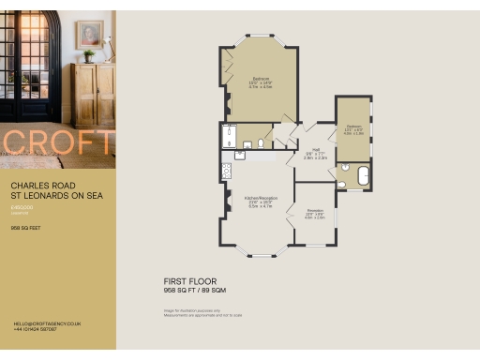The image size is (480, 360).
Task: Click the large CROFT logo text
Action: coord(58,143)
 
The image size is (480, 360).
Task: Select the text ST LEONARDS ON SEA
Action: coord(55,196)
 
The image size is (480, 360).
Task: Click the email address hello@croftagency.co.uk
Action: coord(48,322)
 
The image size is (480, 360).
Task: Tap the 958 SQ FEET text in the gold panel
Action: coord(24,228)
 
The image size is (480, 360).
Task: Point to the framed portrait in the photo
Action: coord(90,35)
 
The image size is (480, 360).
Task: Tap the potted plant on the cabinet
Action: coord(88,55)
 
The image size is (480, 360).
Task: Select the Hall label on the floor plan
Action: coord(317,149)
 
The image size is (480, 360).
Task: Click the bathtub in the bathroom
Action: coord(361,176)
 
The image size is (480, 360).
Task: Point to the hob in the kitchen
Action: coord(226,171)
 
